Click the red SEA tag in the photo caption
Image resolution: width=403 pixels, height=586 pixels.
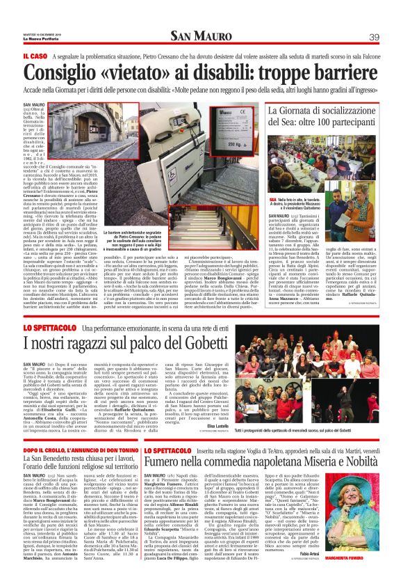pos(273,178)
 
